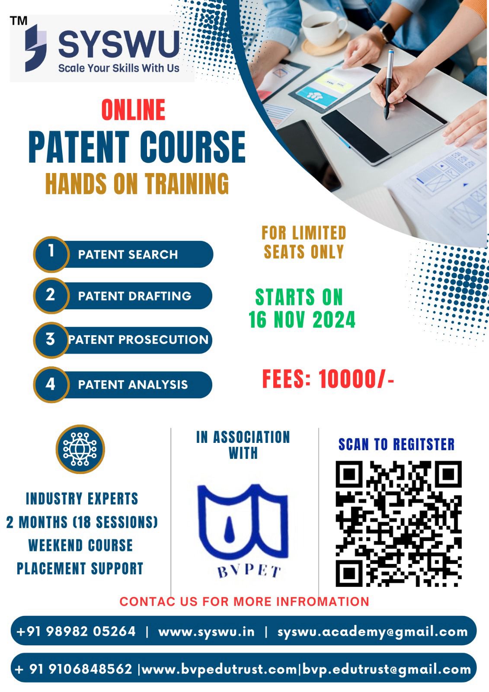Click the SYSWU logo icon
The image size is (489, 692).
coord(36,48)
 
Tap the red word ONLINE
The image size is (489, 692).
coord(133,110)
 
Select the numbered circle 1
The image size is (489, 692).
coord(51,254)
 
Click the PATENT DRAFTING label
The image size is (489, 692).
coord(135,296)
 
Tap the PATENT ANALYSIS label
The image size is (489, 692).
coord(133,384)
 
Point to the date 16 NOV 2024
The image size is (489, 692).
coord(302,320)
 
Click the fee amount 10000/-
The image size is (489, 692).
coord(356,379)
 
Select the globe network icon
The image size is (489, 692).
coord(80,449)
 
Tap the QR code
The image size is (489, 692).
coord(399,524)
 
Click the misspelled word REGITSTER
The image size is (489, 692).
coord(424,444)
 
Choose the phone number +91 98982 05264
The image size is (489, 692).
coord(76,631)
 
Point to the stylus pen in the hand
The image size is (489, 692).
coord(388,84)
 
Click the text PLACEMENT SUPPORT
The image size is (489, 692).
coord(80,568)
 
